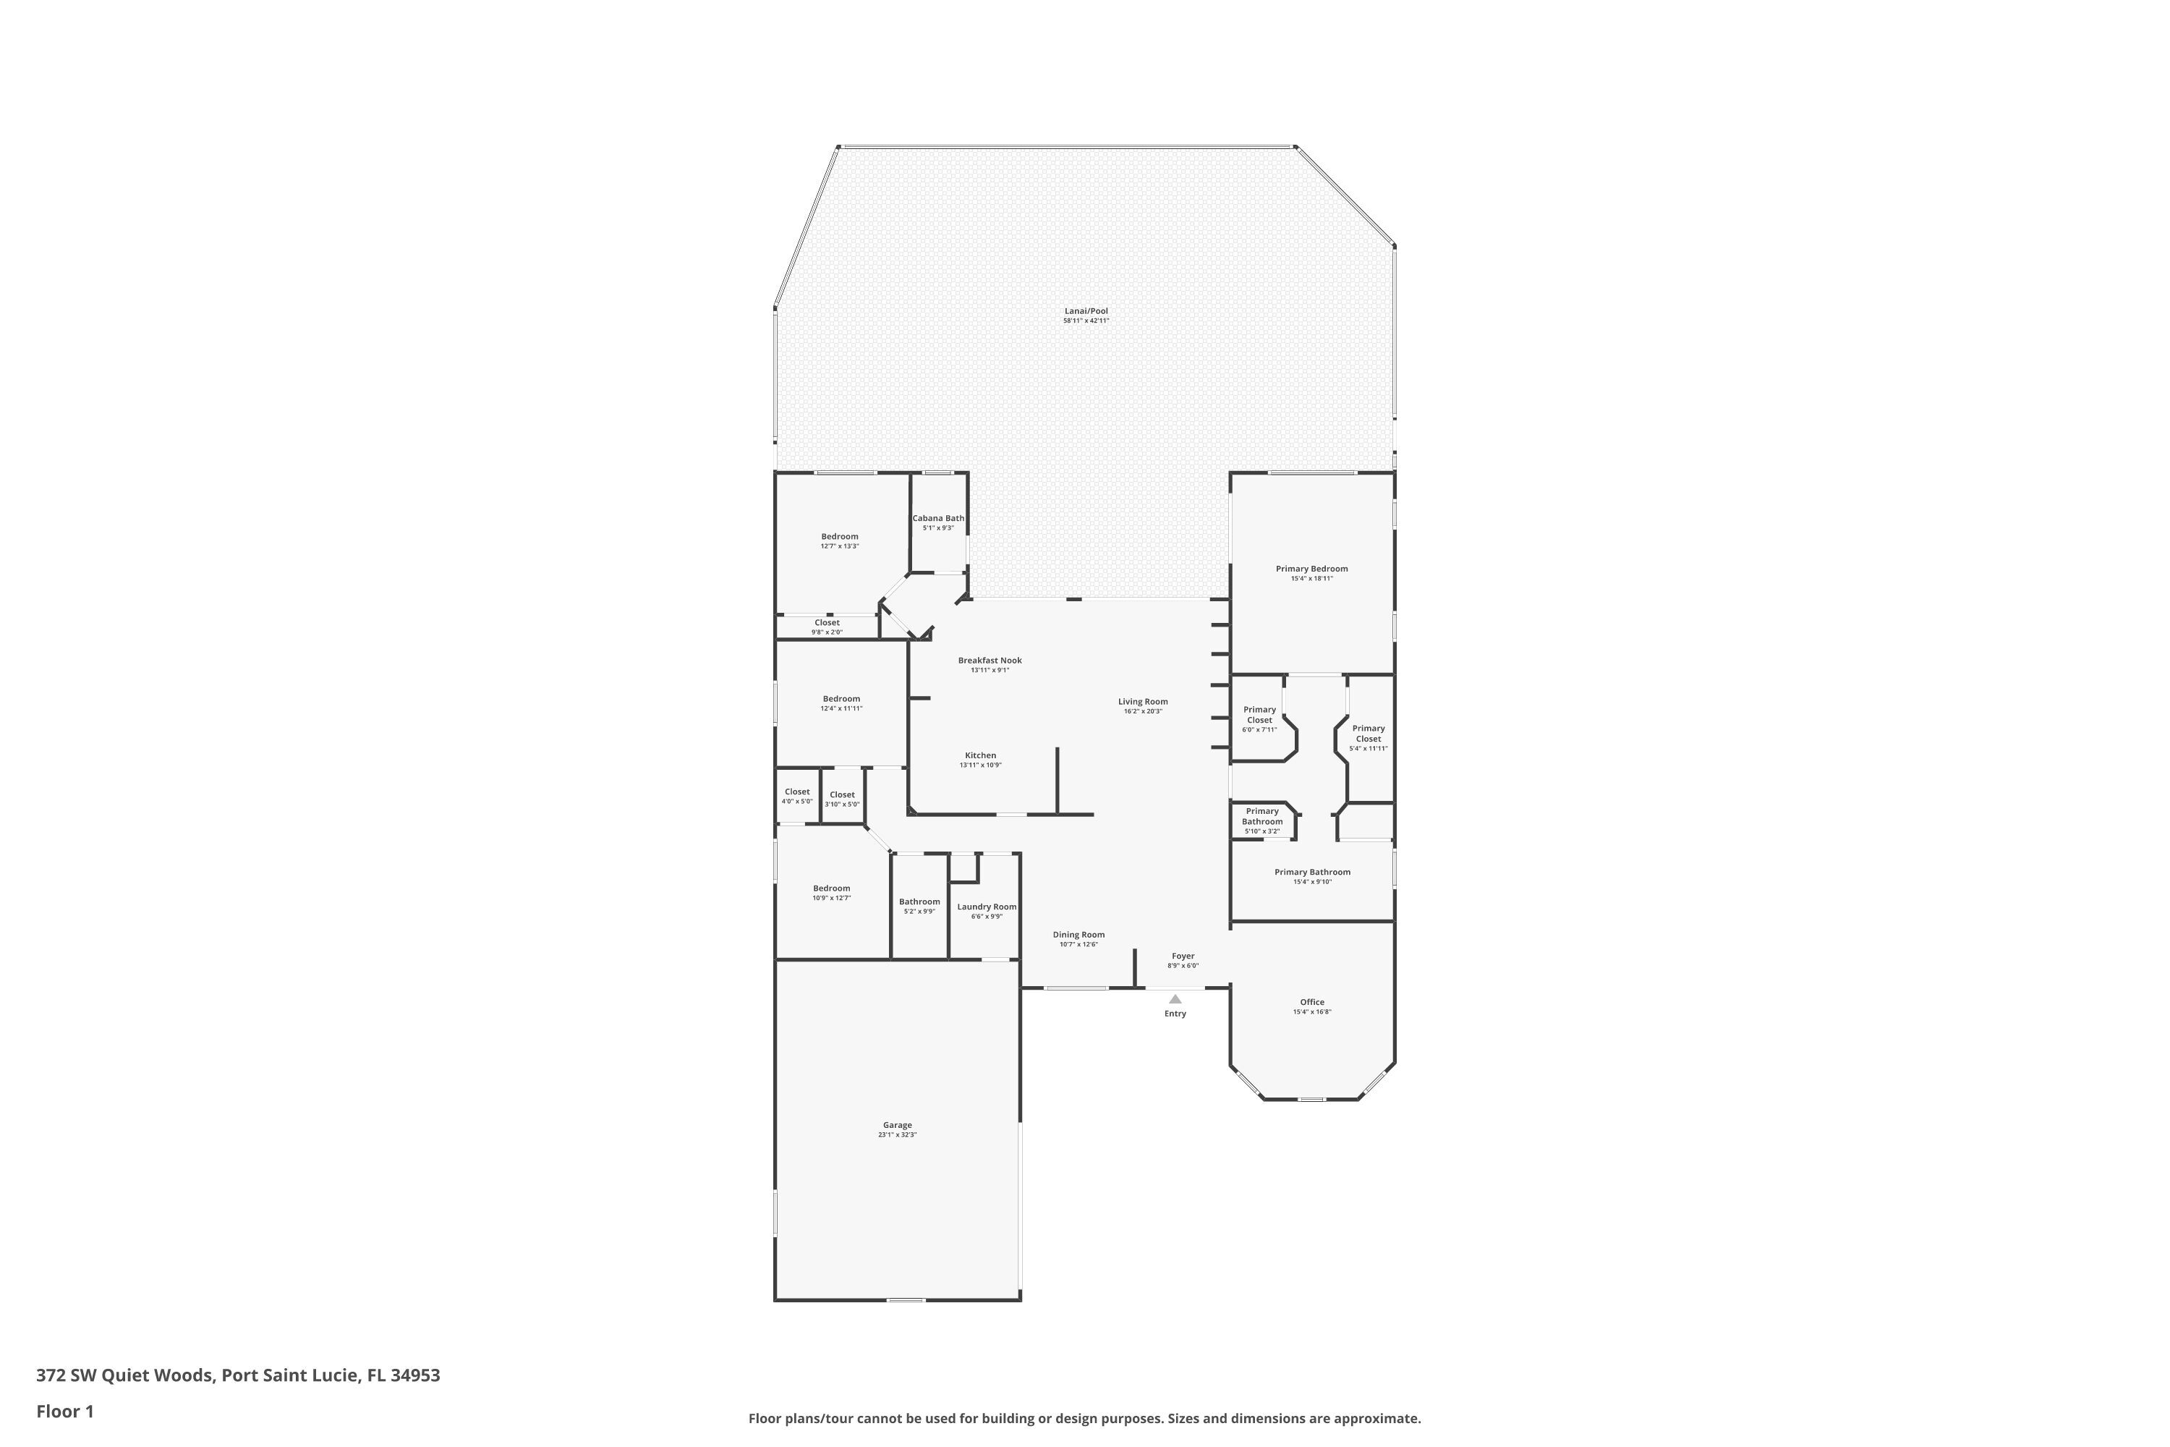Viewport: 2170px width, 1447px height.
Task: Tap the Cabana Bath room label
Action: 938,519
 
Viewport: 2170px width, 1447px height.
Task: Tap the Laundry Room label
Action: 987,907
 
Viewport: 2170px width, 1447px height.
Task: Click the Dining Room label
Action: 1078,934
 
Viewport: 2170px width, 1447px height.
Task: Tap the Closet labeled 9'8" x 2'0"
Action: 827,627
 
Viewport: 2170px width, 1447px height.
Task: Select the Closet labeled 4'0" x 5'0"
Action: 797,795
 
